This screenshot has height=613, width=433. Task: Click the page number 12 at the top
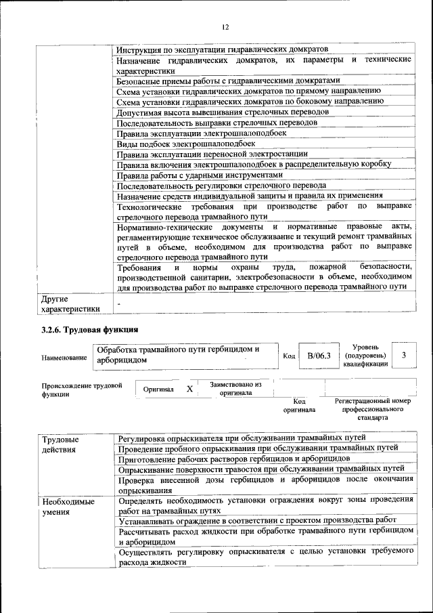coord(225,26)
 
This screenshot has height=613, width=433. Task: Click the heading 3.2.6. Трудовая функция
coord(90,330)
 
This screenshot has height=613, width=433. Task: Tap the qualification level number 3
coord(403,355)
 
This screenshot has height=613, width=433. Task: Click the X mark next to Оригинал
coord(189,389)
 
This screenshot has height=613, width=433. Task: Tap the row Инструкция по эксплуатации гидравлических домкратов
coord(222,50)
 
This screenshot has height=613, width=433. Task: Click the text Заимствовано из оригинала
coord(235,387)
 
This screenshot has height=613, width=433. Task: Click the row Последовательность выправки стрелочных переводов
coord(216,122)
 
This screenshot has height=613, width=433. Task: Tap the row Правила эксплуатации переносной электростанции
coord(212,154)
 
